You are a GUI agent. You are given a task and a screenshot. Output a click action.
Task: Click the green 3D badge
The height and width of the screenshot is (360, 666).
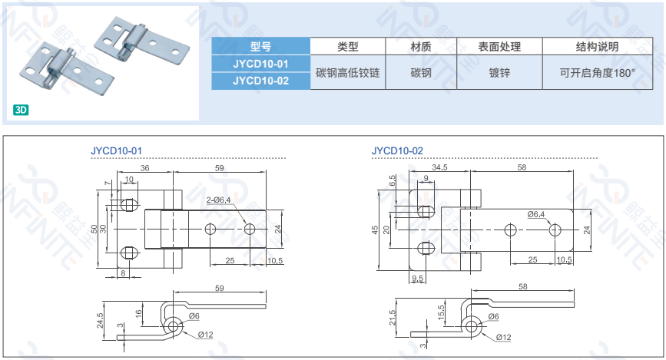[x=21, y=110]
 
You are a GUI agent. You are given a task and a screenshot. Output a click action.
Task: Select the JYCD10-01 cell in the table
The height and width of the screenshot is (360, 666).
[x=260, y=63]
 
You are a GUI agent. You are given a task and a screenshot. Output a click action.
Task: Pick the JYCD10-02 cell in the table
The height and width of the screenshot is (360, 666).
[x=260, y=80]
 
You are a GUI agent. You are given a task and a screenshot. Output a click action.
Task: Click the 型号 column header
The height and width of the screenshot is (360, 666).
[x=260, y=46]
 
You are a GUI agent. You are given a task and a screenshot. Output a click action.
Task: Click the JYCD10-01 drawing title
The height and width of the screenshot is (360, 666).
[x=116, y=151]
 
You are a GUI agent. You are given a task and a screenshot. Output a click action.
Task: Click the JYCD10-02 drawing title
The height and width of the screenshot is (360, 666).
[x=397, y=151]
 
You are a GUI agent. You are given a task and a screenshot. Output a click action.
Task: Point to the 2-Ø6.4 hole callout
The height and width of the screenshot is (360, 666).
[x=218, y=200]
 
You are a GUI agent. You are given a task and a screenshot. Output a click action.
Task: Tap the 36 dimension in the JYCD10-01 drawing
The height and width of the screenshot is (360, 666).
[x=144, y=168]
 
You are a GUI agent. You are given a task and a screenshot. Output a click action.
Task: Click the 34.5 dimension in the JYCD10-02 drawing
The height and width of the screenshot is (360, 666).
[x=440, y=167]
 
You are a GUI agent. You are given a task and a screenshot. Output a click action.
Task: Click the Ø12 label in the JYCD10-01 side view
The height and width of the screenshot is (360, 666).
[x=205, y=335]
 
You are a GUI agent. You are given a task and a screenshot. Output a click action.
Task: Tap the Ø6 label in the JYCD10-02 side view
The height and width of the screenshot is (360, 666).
[x=493, y=317]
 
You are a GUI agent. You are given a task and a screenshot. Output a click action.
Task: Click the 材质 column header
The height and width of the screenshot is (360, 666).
[x=421, y=46]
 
